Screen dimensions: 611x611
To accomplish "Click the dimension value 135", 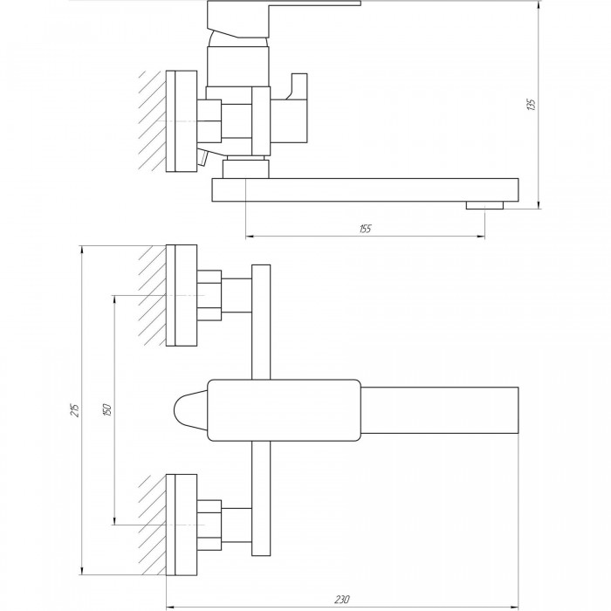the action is tap(531, 105).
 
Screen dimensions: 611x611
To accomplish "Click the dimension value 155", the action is tap(365, 229).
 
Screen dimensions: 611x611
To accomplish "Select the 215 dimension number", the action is tap(75, 410).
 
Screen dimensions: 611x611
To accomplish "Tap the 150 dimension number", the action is tap(106, 410).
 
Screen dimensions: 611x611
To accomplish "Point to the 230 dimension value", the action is tap(342, 599).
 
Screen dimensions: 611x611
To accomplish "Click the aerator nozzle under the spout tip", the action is tap(484, 205).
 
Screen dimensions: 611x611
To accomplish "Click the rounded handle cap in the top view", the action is tap(190, 410).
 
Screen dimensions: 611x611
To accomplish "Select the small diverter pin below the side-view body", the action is tap(203, 159).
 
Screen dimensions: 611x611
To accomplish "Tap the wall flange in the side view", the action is tap(182, 121).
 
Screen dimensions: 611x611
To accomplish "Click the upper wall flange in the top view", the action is tap(182, 295).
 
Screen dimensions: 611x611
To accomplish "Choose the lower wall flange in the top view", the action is tap(182, 525).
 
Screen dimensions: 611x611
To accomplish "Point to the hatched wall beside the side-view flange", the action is tap(153, 120).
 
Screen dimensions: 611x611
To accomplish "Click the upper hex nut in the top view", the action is tap(209, 295).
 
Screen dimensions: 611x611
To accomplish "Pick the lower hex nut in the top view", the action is tap(209, 525).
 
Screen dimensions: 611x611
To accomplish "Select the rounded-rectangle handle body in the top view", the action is tap(284, 410).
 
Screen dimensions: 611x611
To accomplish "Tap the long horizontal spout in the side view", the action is tap(365, 189).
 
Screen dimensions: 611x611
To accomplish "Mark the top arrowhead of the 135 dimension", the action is tap(539, 4).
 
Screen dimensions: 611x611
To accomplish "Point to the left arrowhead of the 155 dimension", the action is tap(251, 237).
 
